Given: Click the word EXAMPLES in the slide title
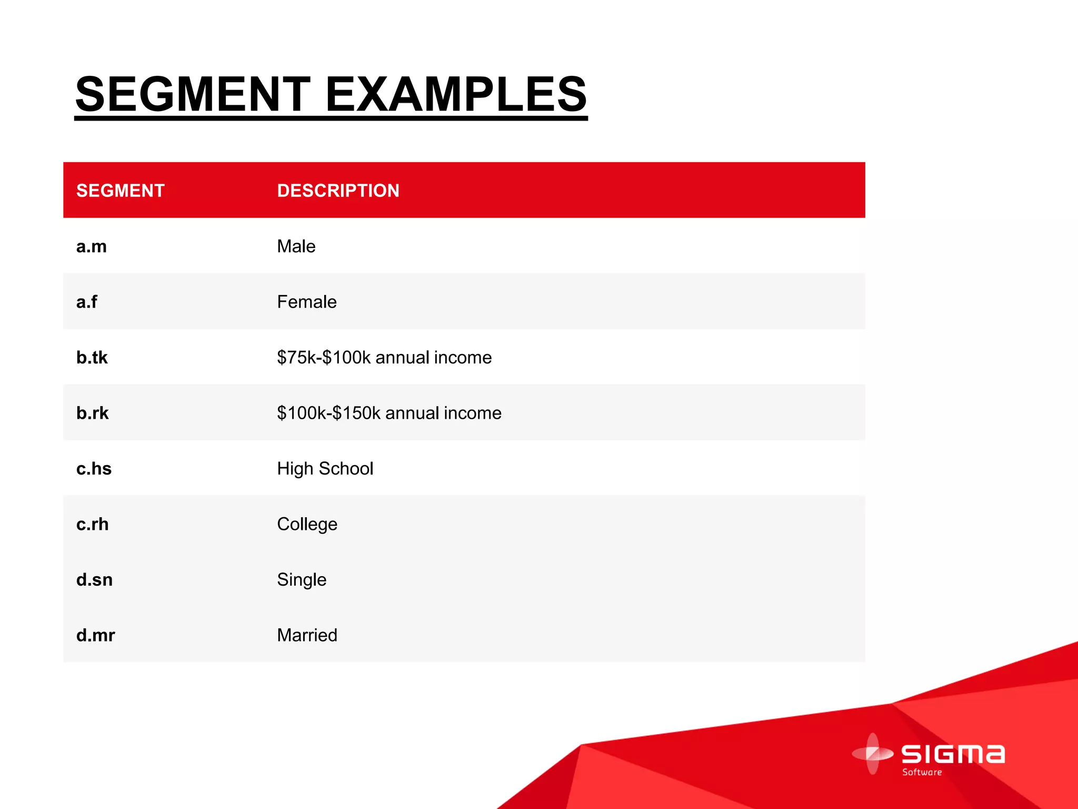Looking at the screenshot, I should coord(456,94).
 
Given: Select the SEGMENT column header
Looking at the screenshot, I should coord(121,191).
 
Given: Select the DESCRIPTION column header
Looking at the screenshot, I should coord(338,191).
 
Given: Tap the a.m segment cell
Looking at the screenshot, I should coord(92,246).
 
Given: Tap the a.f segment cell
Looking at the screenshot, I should coord(87,302).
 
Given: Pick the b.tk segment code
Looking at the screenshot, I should coord(92,358).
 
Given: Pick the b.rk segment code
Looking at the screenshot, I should coord(93,413).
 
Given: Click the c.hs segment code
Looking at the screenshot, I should coord(94,469).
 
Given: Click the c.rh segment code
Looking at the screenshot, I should coord(93,524).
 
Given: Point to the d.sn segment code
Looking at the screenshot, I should coord(95,580).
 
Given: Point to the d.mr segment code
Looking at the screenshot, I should coord(96,635).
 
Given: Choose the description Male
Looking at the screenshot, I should coord(296,246).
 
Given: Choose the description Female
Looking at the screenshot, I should coord(307,302).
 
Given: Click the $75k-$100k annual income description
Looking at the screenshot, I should coord(384,358).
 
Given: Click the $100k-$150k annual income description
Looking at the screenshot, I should coord(389,413).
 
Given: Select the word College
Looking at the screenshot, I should coord(307,525).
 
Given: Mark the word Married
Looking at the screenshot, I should coord(307,635).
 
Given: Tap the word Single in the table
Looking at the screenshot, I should coord(302,580).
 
